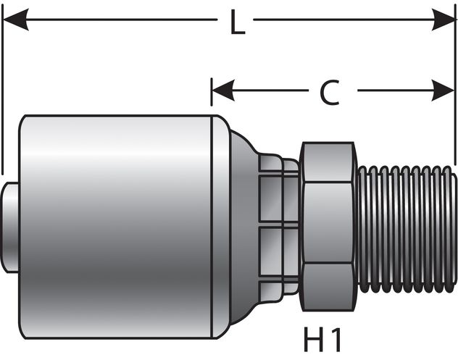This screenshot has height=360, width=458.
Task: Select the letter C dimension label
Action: point(330,92)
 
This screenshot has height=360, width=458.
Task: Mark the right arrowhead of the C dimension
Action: point(444,91)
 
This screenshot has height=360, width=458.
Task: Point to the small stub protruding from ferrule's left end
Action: point(10,227)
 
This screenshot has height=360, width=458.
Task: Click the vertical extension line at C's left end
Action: point(212,101)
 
